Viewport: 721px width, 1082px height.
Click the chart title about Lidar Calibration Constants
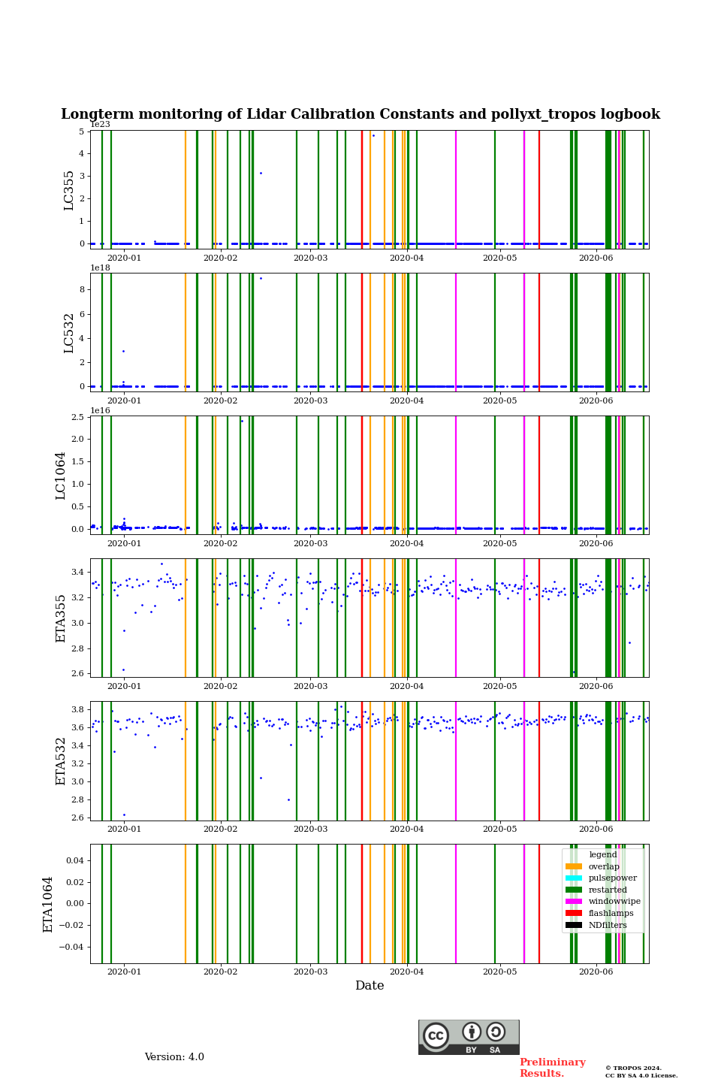pos(360,114)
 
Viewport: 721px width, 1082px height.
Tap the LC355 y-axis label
pos(69,190)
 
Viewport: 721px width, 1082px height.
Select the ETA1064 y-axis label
pos(48,904)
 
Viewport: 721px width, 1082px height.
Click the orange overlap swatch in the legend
pos(574,866)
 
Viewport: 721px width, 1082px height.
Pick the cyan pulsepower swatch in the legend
pos(574,878)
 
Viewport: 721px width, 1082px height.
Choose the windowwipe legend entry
pos(614,902)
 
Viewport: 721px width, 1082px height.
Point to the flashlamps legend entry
pos(611,913)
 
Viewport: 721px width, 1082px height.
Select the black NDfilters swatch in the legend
pos(574,925)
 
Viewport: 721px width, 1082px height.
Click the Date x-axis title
pos(370,986)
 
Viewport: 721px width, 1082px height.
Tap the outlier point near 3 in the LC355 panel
pos(261,173)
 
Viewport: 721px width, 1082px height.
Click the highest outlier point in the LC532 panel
pos(261,278)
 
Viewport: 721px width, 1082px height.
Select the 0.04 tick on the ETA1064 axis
pos(74,860)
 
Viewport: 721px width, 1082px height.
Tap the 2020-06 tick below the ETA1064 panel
pos(596,972)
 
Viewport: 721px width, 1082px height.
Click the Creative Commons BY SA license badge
pos(469,1037)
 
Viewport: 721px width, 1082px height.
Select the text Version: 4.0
pos(174,1057)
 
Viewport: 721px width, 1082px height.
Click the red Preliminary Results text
pos(552,1068)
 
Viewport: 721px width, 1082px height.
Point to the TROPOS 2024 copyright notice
pos(641,1071)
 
